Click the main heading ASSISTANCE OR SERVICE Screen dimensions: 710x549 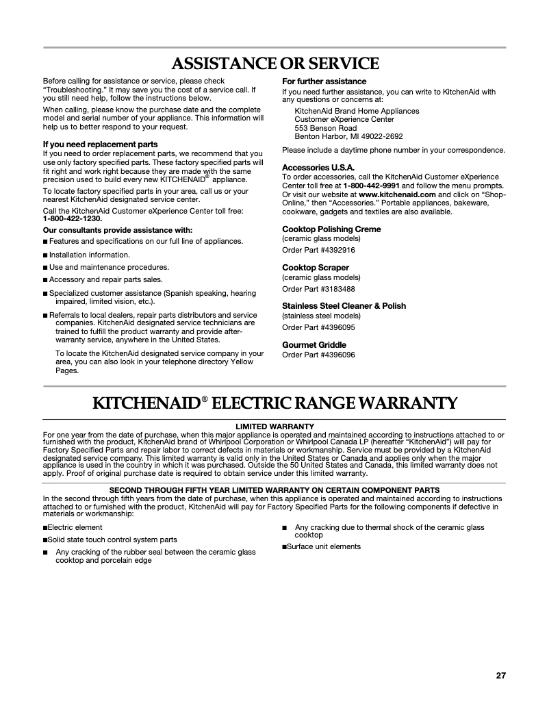[274, 64]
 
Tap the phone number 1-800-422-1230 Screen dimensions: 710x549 [73, 218]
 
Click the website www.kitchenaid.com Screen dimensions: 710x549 [397, 194]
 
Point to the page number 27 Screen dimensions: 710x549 [500, 676]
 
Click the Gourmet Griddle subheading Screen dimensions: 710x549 [314, 344]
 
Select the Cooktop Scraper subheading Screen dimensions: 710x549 [316, 267]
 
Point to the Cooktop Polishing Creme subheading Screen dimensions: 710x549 [331, 229]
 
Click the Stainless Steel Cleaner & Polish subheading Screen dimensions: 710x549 [344, 305]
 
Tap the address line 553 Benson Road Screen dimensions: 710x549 [325, 128]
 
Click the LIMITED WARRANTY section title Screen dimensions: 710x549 [274, 426]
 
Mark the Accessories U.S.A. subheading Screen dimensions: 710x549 [318, 167]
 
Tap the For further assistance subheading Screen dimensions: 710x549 [324, 81]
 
